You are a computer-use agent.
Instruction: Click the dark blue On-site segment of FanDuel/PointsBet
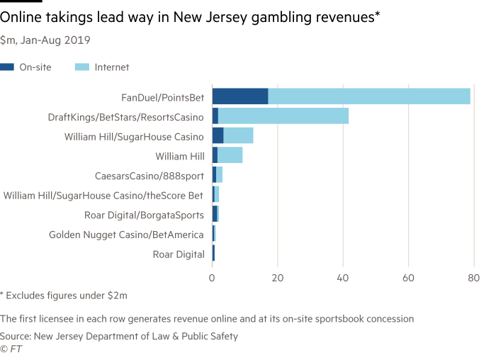(239, 96)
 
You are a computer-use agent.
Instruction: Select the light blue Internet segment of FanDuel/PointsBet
(369, 96)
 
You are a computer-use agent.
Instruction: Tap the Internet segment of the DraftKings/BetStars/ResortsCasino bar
(283, 116)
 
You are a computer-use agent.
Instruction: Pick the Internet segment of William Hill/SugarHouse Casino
(238, 135)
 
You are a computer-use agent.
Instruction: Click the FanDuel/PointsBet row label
(163, 97)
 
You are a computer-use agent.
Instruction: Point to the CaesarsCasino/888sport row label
(150, 175)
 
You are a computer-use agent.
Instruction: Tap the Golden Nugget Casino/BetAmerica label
(126, 234)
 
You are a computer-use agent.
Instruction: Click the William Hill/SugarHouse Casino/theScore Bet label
(103, 195)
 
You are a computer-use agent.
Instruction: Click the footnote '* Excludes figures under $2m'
(60, 294)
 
